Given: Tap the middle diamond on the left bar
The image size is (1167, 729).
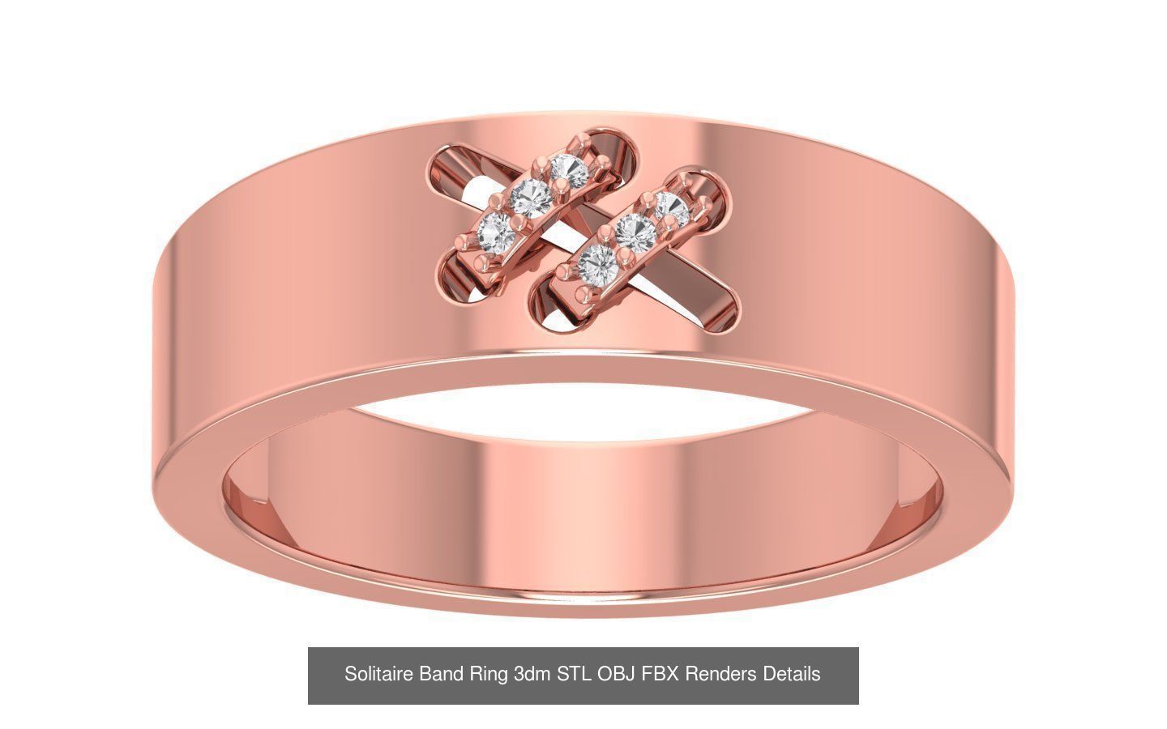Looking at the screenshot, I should click(x=532, y=195).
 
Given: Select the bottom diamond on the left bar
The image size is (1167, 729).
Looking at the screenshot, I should click(x=496, y=231).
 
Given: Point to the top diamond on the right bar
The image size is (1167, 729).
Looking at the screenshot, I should click(x=672, y=210).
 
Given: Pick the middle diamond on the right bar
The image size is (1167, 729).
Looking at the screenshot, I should click(x=636, y=232).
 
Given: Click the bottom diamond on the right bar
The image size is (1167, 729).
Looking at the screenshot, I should click(x=600, y=262).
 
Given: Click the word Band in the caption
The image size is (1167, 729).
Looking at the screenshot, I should click(x=439, y=674).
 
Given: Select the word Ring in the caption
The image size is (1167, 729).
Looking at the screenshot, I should click(x=488, y=674).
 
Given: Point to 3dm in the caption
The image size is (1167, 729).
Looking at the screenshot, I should click(x=532, y=674).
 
